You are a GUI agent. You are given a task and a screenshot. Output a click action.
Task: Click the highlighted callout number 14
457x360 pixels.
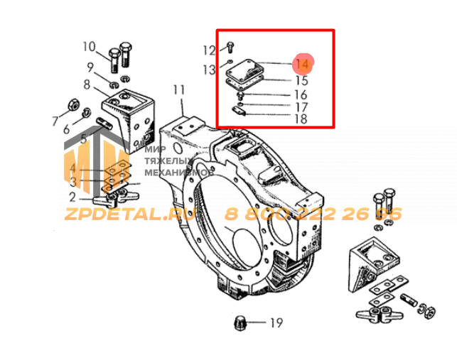(x=302, y=64)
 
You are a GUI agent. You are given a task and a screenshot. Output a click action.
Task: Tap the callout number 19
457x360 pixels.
(x=276, y=322)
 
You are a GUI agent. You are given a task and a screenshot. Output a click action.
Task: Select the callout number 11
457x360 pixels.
(x=179, y=90)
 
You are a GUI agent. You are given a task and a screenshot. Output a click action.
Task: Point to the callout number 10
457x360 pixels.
(x=89, y=47)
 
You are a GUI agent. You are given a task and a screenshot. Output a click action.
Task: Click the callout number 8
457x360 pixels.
(x=87, y=84)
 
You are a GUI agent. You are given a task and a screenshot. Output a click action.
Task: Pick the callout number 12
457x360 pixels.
(x=209, y=50)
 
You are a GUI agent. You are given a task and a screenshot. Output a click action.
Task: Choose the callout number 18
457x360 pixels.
(x=301, y=119)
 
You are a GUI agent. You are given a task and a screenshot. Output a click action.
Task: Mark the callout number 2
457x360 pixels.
(x=72, y=197)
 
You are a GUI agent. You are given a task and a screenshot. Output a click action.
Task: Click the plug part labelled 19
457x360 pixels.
(x=240, y=322)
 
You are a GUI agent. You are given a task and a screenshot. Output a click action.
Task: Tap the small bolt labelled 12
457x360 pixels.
(x=230, y=47)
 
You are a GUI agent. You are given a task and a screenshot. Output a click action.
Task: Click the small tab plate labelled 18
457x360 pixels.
(x=239, y=111)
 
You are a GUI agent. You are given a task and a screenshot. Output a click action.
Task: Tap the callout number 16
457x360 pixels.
(x=301, y=95)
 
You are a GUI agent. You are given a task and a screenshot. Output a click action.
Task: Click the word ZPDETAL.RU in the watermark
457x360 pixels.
(x=129, y=214)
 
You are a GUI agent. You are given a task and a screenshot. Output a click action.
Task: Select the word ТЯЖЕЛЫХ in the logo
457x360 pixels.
(x=169, y=160)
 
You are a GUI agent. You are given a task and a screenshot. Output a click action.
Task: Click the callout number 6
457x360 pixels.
(x=66, y=129)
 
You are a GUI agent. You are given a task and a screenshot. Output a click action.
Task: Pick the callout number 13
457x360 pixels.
(x=209, y=70)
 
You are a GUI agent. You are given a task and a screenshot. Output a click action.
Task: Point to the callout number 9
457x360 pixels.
(x=90, y=67)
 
